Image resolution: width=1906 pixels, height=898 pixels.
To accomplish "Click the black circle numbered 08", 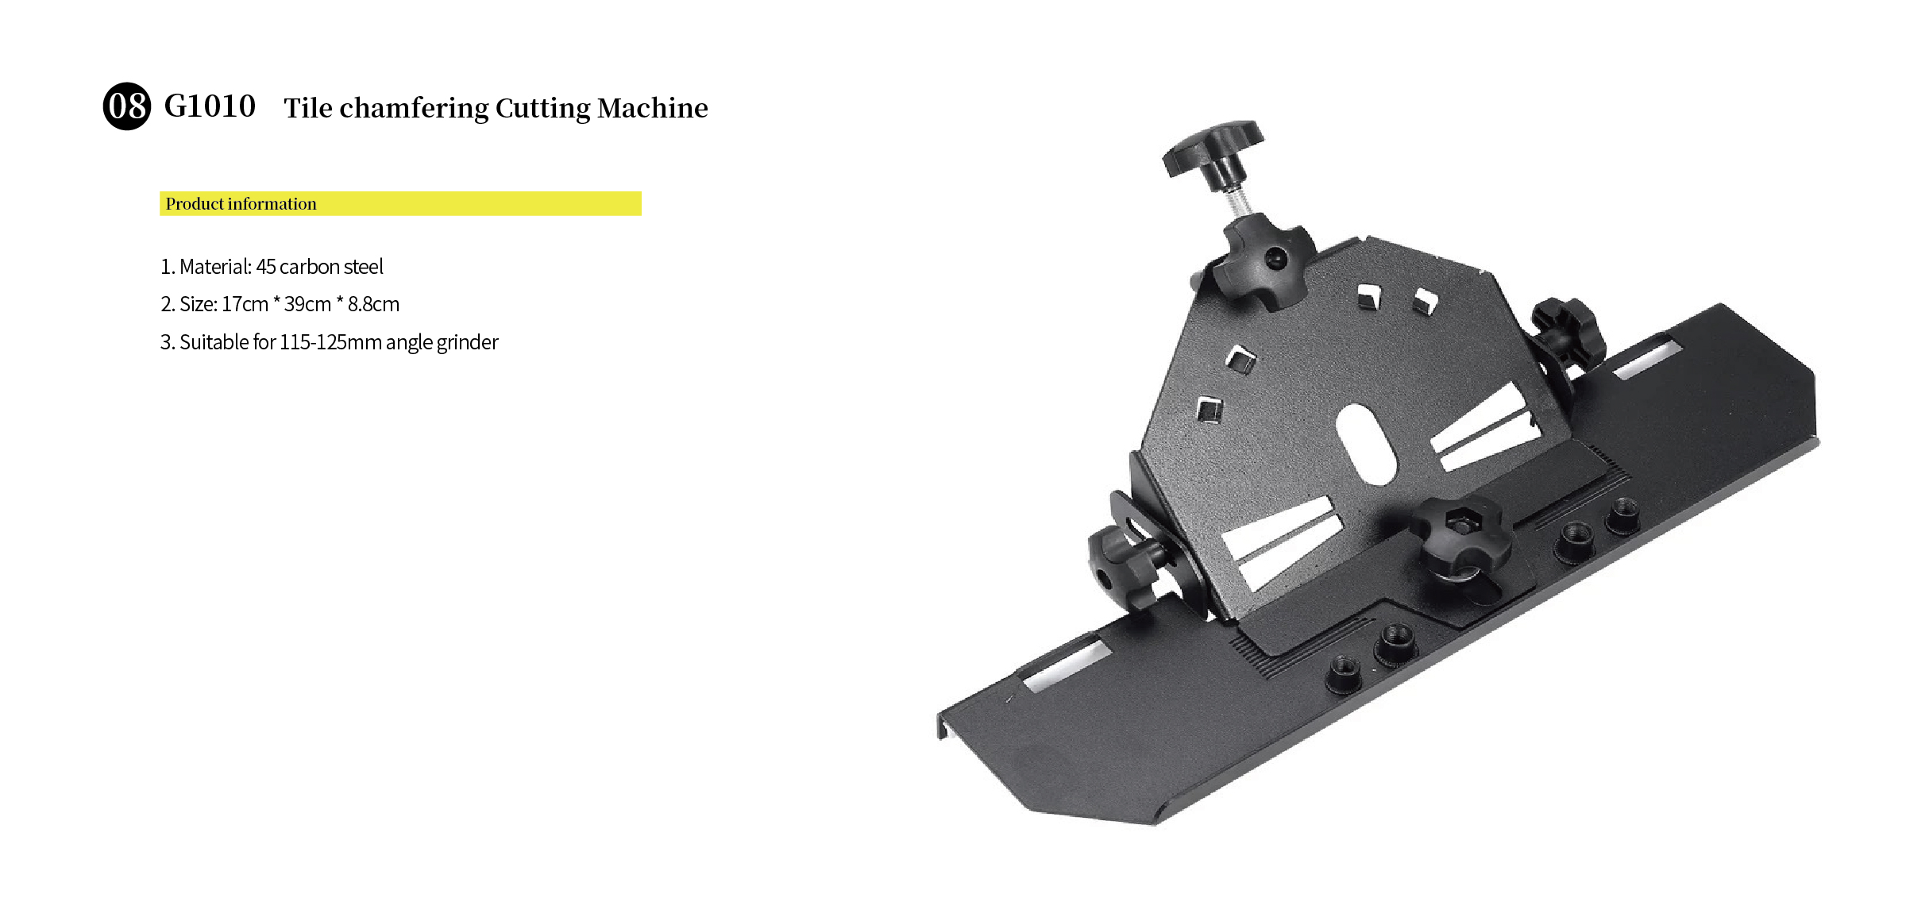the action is tap(127, 106).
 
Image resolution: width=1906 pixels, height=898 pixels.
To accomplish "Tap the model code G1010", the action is tap(210, 106).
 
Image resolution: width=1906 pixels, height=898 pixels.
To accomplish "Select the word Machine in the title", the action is tap(652, 108).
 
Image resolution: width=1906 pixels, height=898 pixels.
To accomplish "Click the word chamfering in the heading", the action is tap(414, 109).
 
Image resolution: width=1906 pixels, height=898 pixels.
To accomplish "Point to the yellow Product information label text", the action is tap(241, 204).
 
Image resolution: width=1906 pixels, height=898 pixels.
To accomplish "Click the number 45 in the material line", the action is tap(266, 267).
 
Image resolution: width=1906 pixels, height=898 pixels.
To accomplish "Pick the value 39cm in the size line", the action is tap(307, 304).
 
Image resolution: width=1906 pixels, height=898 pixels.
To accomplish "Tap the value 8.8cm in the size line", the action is tap(373, 304).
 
